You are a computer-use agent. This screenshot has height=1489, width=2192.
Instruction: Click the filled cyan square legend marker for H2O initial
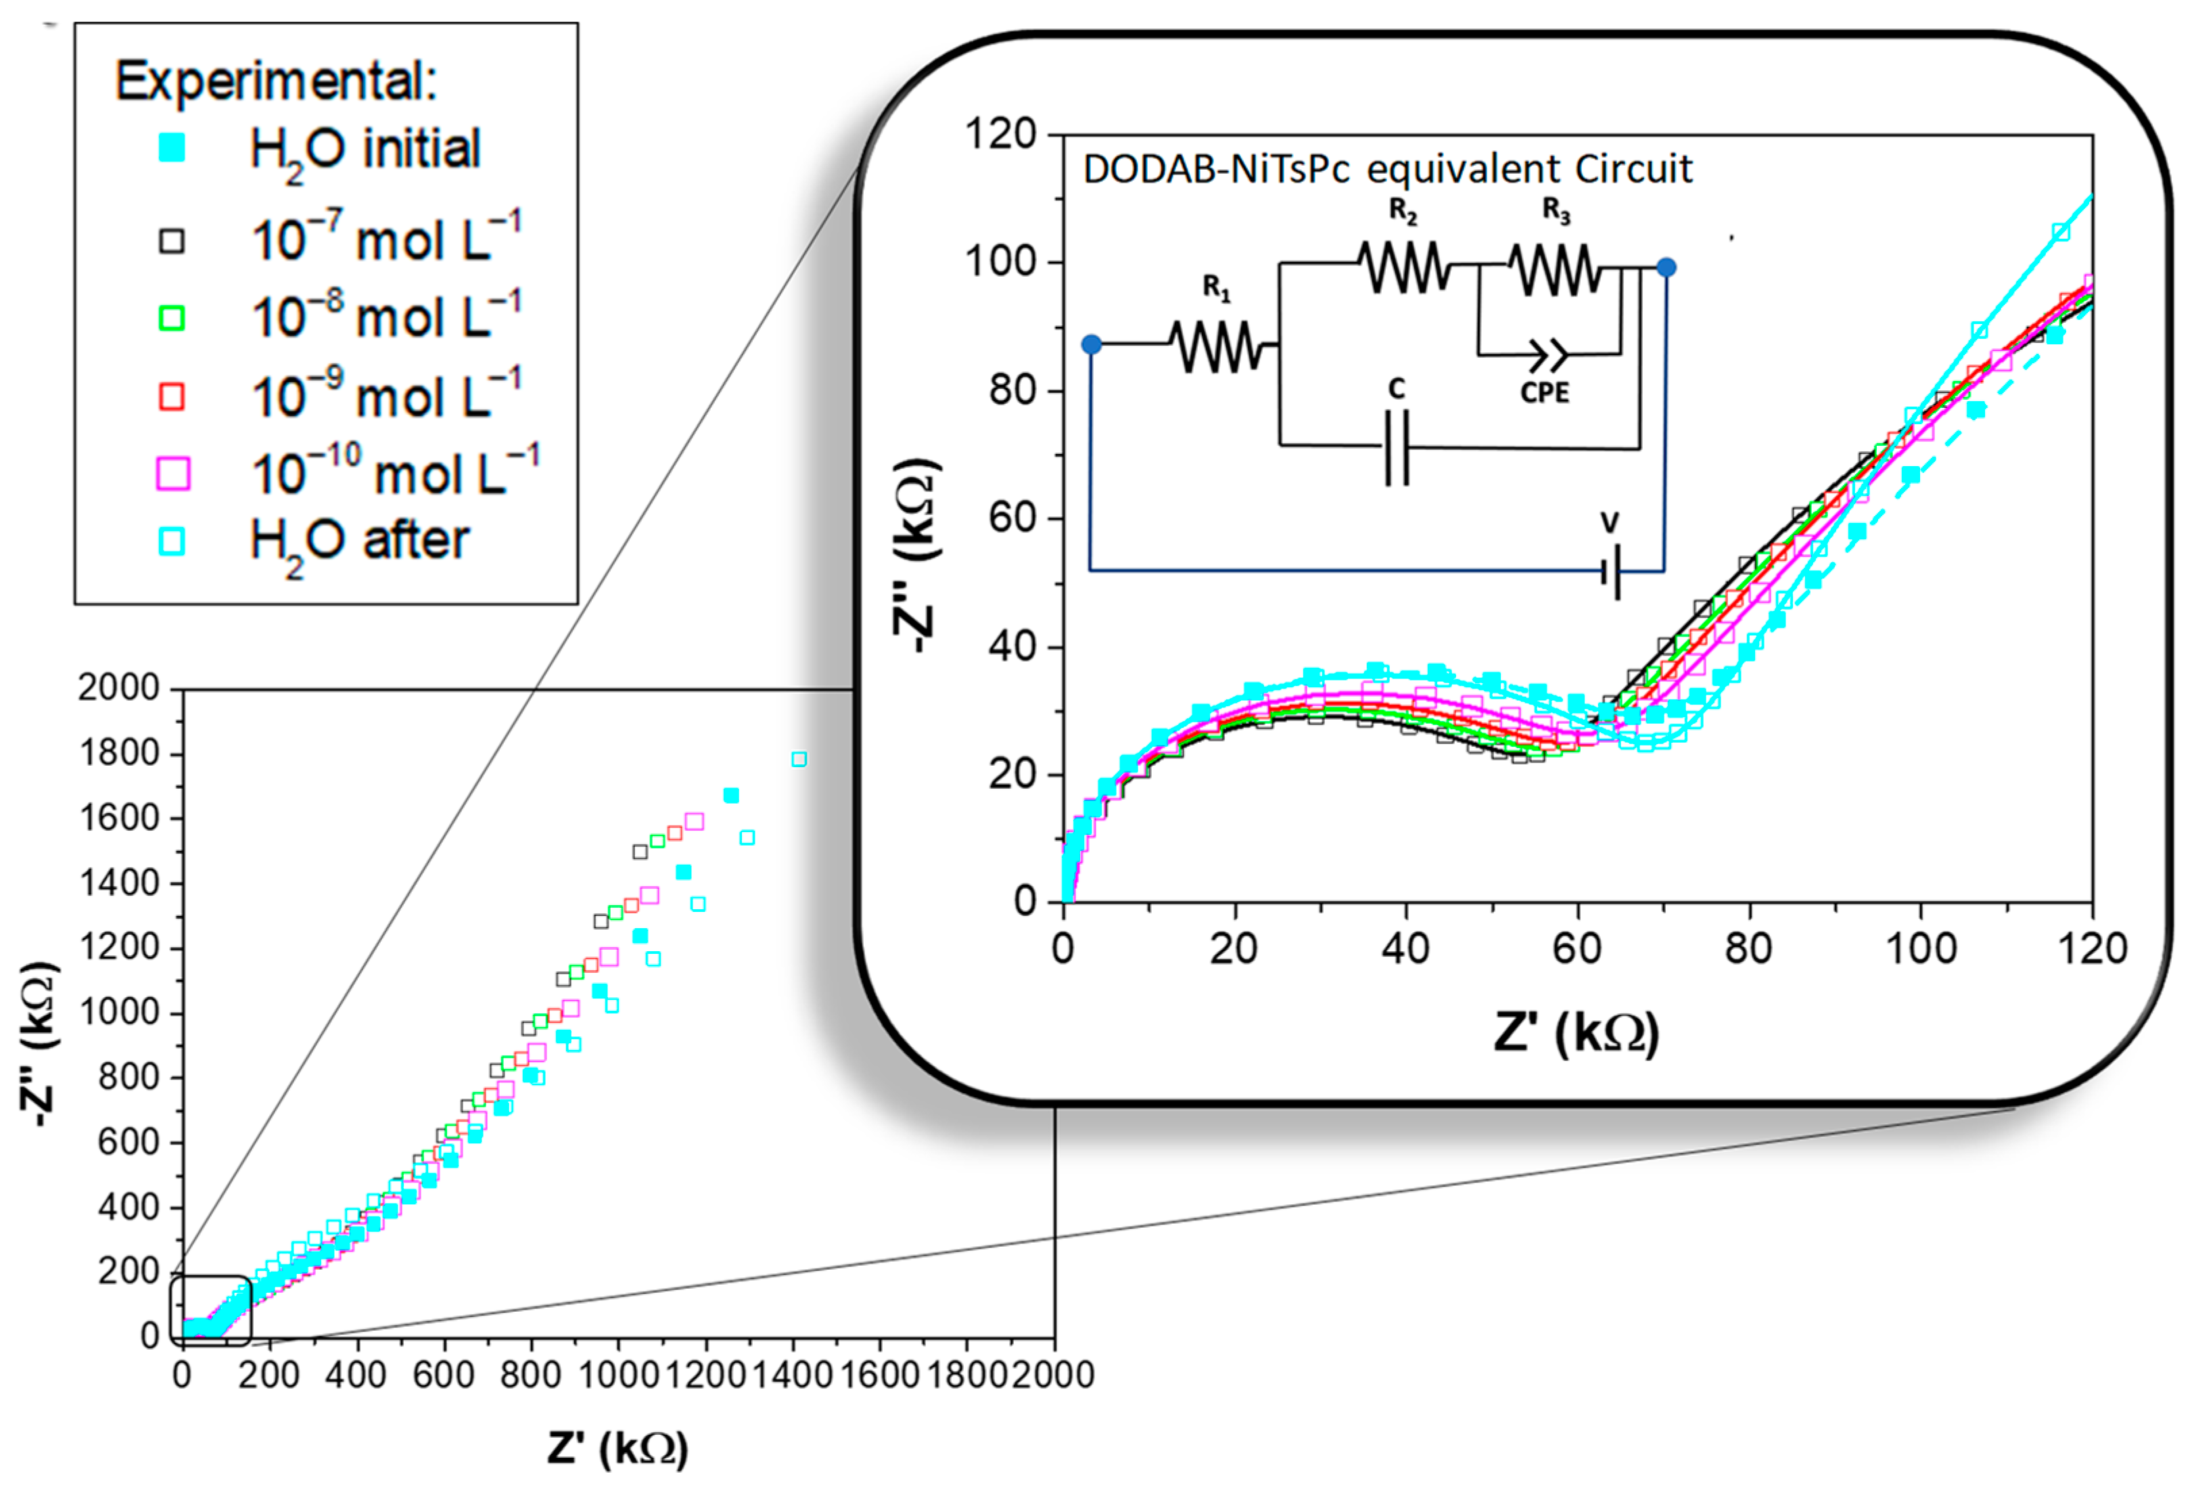coord(172,148)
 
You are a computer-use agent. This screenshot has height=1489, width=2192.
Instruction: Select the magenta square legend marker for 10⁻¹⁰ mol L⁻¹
coord(172,474)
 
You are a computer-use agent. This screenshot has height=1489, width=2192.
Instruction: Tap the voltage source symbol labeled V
coord(1612,570)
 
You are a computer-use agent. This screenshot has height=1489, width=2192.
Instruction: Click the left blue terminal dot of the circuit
coord(1092,344)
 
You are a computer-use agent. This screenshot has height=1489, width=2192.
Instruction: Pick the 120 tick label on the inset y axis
coord(1000,134)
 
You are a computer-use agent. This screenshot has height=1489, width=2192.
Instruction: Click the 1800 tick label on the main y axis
coord(119,753)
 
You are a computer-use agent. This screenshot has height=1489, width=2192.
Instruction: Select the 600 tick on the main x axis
coord(443,1375)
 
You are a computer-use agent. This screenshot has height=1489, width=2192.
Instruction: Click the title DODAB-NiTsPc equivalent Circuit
coord(1386,170)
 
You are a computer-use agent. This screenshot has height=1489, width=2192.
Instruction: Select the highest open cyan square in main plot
coord(799,760)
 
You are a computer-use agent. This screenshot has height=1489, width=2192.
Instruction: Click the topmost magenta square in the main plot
coord(694,821)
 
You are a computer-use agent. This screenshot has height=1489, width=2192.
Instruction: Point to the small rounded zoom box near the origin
coord(210,1310)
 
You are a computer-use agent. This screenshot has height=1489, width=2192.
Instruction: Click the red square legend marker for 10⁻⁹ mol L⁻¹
coord(172,396)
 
